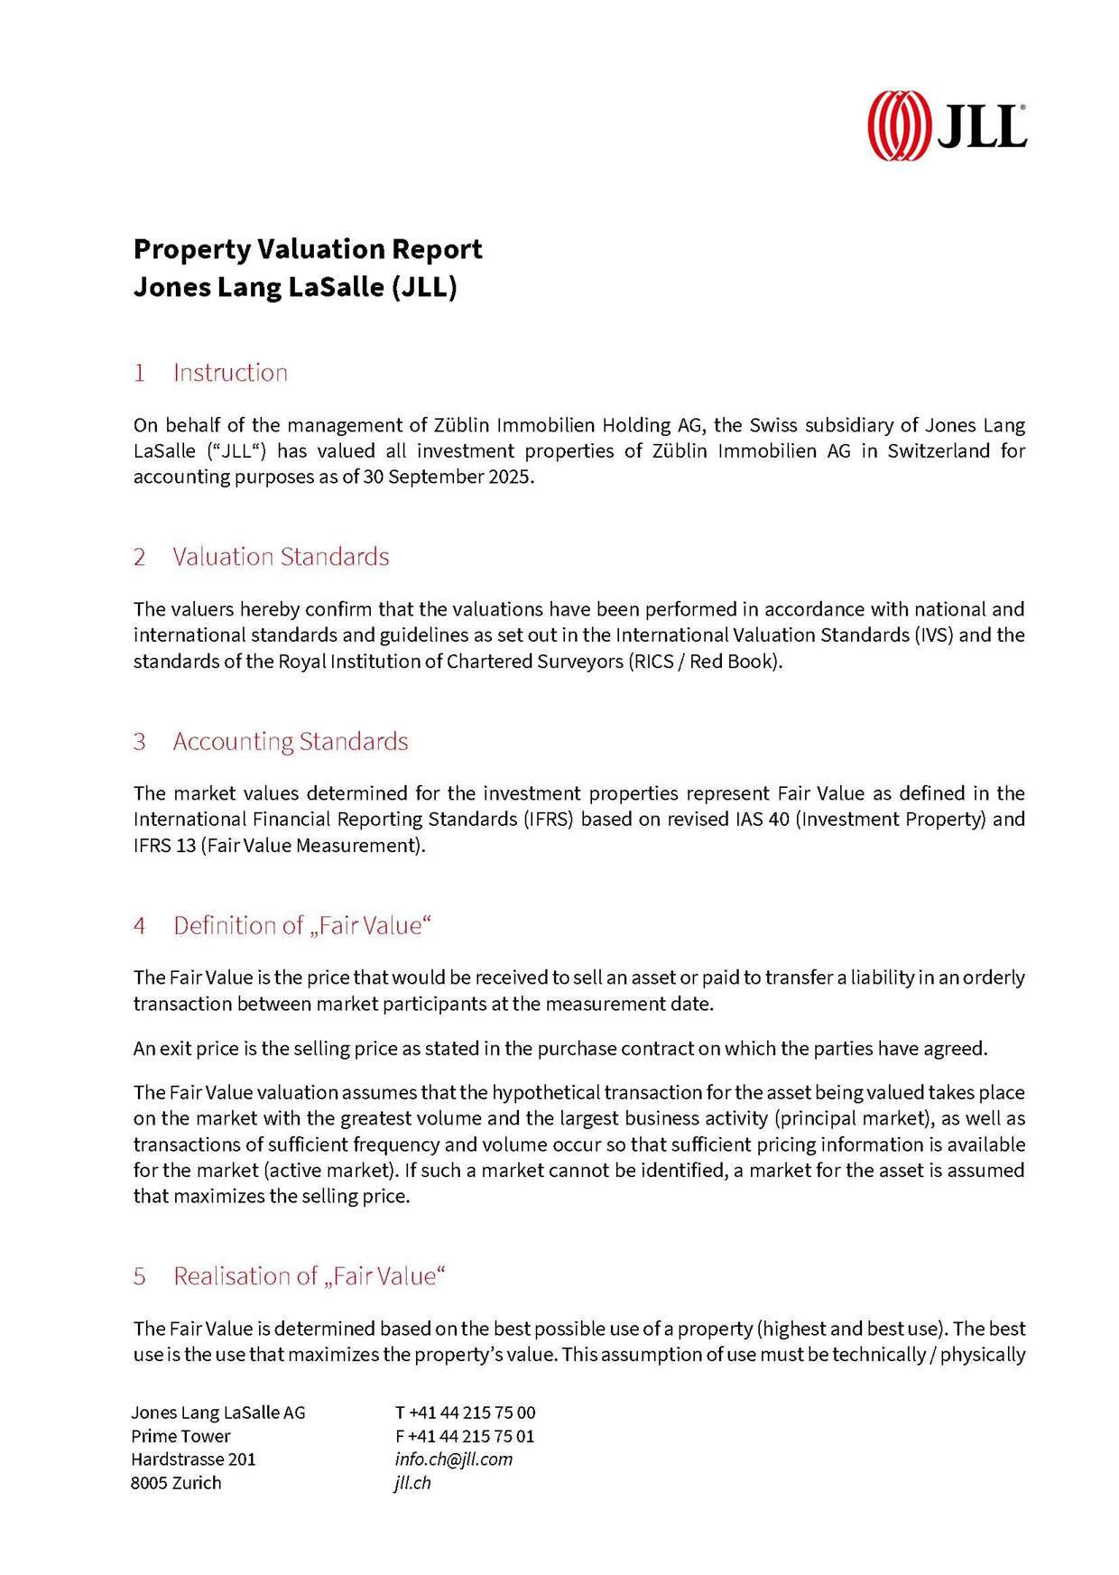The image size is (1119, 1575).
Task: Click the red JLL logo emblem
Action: click(x=899, y=125)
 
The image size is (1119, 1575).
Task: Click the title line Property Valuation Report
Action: click(x=308, y=248)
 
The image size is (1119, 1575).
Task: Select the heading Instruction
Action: click(x=230, y=373)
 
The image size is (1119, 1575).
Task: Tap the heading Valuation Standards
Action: click(x=281, y=557)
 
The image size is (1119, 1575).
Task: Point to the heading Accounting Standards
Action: click(x=291, y=742)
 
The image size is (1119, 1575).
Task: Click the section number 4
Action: click(x=140, y=926)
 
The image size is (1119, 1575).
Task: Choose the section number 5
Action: click(x=140, y=1276)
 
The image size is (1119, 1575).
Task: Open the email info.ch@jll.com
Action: click(x=453, y=1459)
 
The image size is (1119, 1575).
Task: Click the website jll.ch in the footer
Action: click(x=412, y=1483)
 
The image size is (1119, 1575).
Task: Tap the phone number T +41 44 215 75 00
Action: click(x=465, y=1413)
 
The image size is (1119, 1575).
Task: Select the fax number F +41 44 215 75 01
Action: click(x=465, y=1436)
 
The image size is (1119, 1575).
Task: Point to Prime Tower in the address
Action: click(x=180, y=1436)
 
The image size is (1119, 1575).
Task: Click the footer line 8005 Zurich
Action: click(x=176, y=1483)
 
